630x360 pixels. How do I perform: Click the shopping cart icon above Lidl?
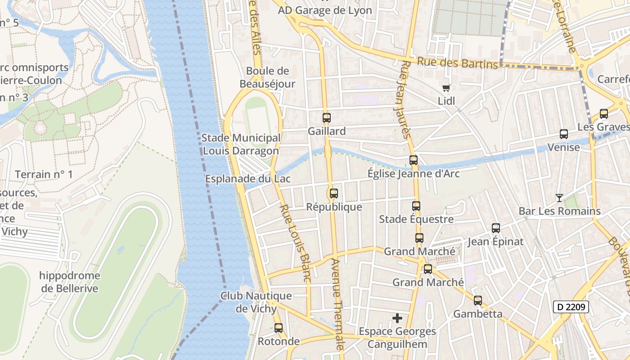(446, 88)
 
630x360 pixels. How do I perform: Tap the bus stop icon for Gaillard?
(327, 118)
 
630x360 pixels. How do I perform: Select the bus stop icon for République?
(333, 193)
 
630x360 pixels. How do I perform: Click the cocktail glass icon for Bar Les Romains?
(559, 198)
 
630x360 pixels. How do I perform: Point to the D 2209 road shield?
(571, 307)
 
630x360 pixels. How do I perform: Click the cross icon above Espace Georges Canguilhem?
(397, 318)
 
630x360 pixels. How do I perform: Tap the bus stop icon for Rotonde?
(279, 328)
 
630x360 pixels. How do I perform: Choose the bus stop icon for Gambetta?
(477, 300)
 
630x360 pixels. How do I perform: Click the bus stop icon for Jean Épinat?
(495, 228)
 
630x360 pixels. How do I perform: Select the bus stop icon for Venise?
(563, 134)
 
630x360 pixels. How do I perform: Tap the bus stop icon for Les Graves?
(603, 114)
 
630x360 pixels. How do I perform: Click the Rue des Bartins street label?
(458, 63)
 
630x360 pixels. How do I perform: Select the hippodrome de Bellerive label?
(70, 282)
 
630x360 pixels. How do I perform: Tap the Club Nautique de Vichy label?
(256, 302)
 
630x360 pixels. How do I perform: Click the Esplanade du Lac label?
(248, 179)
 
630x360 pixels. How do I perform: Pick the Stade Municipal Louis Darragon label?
(241, 144)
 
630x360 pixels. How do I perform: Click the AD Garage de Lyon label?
(325, 10)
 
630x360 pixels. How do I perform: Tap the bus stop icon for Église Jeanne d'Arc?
(413, 160)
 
